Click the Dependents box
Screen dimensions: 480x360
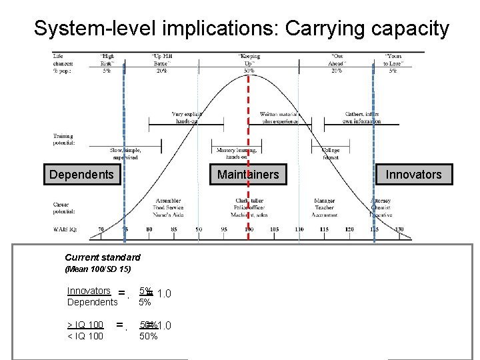tap(81, 175)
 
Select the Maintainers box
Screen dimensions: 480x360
tap(248, 175)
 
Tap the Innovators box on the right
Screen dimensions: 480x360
tap(413, 175)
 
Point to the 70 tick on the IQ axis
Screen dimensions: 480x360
tap(100, 230)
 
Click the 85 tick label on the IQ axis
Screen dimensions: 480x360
tap(174, 230)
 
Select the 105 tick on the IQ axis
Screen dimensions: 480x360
tap(274, 230)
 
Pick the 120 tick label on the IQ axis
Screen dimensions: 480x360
tap(349, 230)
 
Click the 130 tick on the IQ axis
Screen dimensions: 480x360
tap(399, 230)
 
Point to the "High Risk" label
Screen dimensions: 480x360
tap(107, 60)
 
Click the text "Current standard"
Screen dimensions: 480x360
tap(103, 257)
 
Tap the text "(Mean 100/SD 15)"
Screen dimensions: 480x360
tap(98, 269)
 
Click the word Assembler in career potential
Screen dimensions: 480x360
tap(168, 201)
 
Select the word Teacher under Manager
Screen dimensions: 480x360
tap(325, 208)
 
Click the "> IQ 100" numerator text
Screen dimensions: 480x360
tap(85, 324)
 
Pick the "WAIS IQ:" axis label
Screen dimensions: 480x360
tap(65, 229)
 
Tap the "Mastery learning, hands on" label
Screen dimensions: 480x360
tap(230, 153)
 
